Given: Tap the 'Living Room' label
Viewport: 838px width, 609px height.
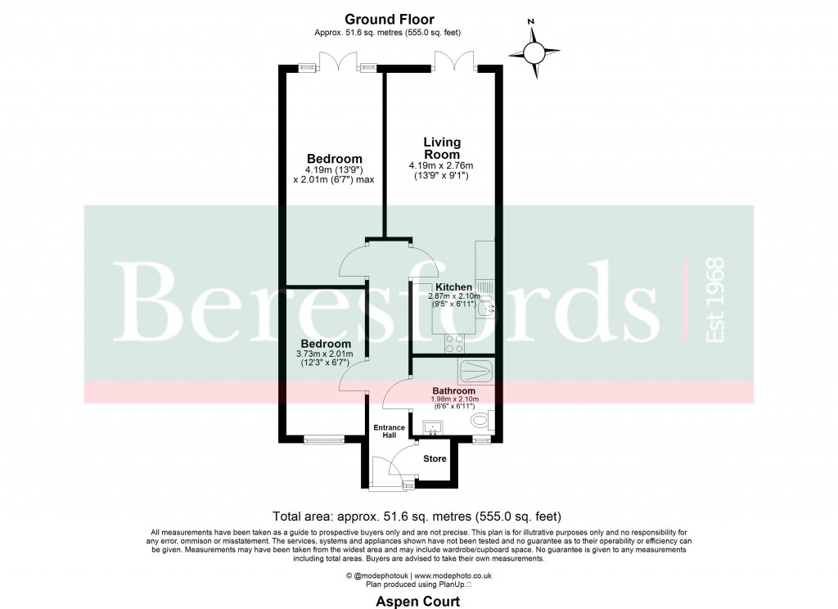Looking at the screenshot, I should [441, 148].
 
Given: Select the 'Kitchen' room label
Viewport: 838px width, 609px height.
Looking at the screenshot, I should [453, 287].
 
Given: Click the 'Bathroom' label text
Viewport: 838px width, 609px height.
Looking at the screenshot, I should [455, 391].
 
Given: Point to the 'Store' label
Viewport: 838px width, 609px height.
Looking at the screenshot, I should [435, 458].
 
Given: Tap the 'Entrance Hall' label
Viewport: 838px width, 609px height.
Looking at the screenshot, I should [390, 432].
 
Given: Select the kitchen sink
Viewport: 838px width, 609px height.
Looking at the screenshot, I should [484, 307].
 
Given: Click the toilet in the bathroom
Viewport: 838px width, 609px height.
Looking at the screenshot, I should [481, 422].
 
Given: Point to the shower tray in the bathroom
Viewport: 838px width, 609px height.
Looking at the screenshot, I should [476, 371].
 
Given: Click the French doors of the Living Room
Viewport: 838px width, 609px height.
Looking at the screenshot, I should [455, 61].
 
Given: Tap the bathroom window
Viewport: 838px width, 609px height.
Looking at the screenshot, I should [481, 440].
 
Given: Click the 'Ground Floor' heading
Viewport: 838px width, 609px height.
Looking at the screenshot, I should [390, 19].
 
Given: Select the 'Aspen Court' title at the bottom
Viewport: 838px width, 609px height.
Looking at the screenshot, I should [417, 602].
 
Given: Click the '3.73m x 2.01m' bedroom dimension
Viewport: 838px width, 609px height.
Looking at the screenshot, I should [326, 354].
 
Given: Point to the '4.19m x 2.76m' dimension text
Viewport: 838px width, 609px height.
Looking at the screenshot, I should [441, 166].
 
